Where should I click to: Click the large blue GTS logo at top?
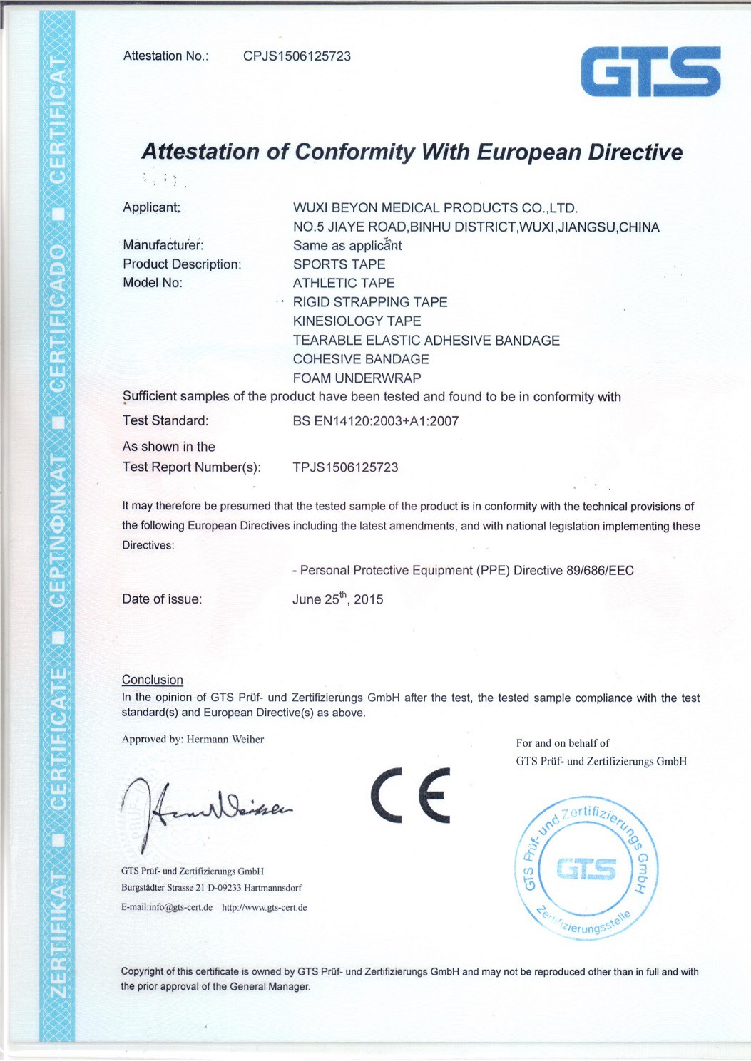point(650,72)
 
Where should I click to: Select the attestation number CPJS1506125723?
point(297,56)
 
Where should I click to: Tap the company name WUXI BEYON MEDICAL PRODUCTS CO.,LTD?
point(435,208)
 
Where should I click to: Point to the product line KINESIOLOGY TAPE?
point(357,321)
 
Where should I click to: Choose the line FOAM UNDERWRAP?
point(357,378)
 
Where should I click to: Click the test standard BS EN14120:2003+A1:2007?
point(375,421)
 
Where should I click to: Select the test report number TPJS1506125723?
point(345,468)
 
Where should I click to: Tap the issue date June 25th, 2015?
point(337,599)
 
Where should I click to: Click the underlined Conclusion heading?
point(153,680)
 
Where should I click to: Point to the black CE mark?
point(411,795)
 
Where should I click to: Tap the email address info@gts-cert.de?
point(180,908)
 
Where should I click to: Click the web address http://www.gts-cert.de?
point(265,908)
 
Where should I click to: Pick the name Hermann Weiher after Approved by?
point(225,740)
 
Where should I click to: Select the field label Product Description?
point(182,264)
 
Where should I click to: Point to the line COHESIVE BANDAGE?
point(361,359)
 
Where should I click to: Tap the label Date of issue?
point(162,599)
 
